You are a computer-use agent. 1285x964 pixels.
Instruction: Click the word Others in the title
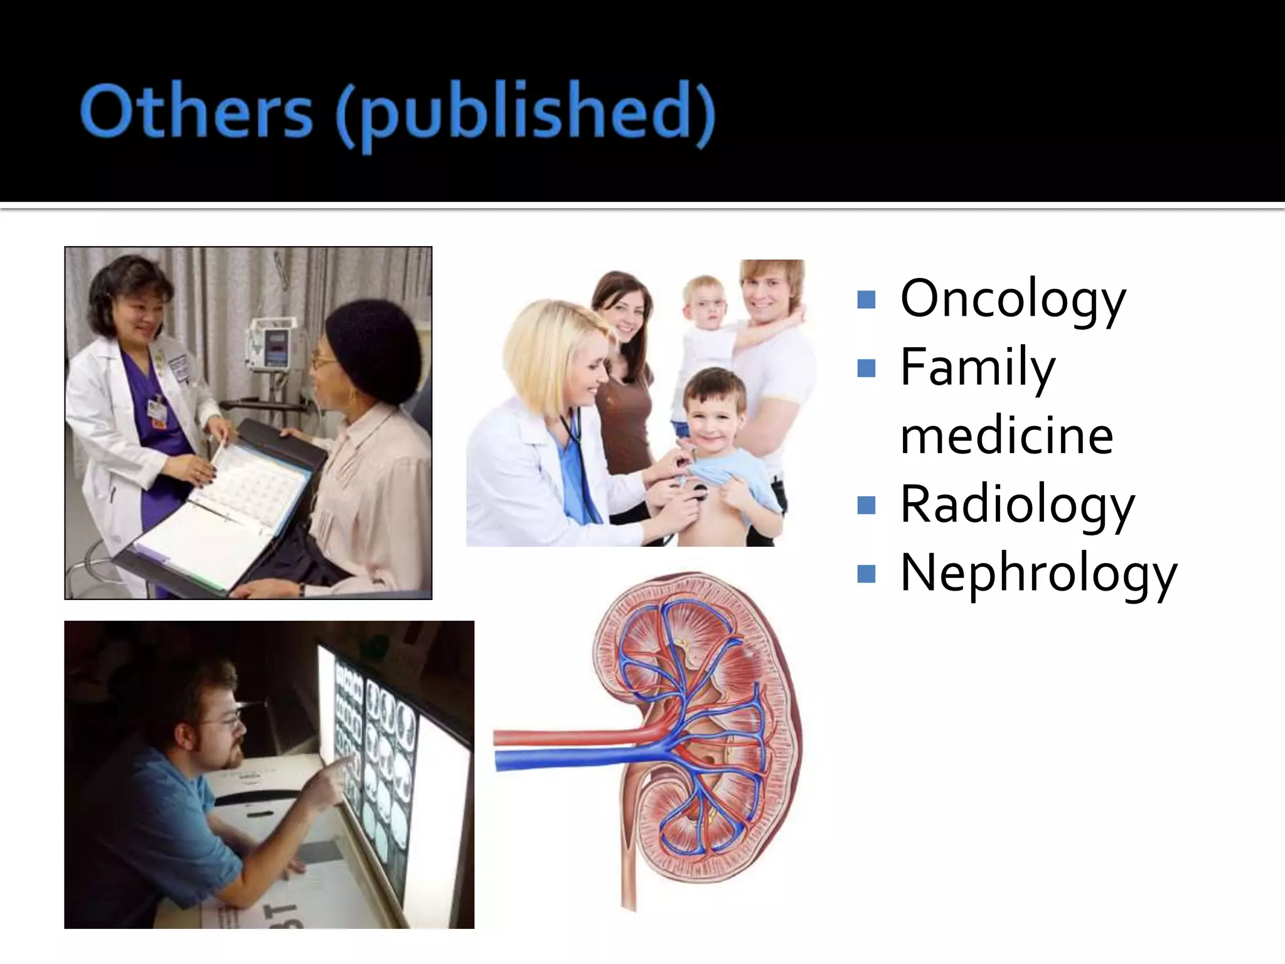pyautogui.click(x=196, y=113)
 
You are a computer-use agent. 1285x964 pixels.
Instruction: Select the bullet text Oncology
pyautogui.click(x=1013, y=300)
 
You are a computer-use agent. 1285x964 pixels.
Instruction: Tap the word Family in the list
pyautogui.click(x=978, y=368)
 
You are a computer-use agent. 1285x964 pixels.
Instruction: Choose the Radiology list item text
pyautogui.click(x=1017, y=505)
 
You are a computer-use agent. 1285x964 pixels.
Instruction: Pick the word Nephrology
pyautogui.click(x=1038, y=573)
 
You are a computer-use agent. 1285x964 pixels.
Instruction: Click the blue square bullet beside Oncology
pyautogui.click(x=866, y=300)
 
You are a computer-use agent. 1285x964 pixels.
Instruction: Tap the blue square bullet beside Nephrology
pyautogui.click(x=866, y=573)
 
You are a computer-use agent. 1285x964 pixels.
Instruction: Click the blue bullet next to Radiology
pyautogui.click(x=866, y=505)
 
